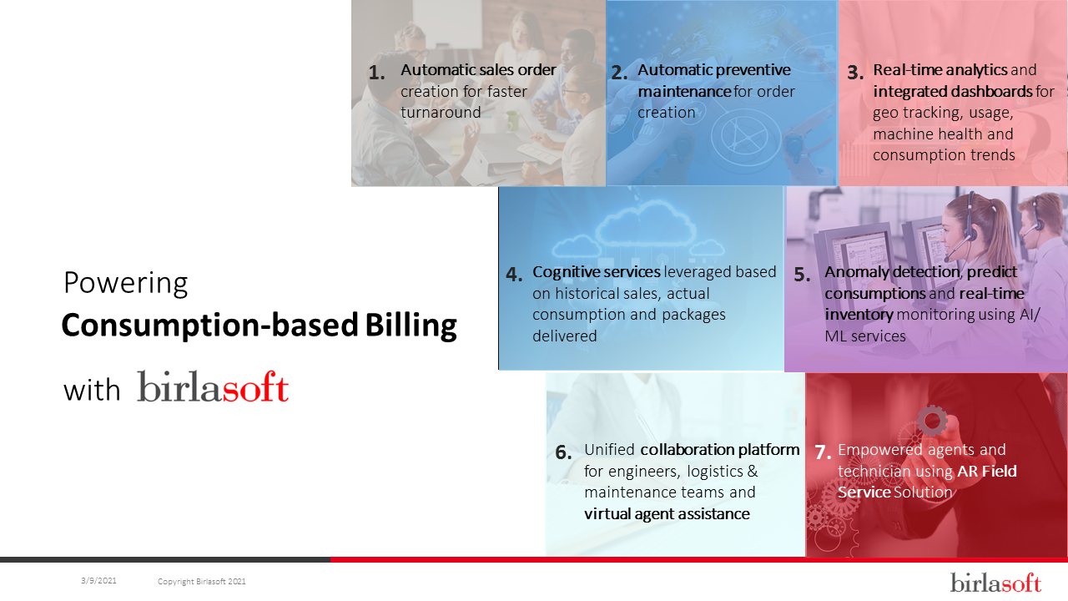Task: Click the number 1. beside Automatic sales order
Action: pos(376,73)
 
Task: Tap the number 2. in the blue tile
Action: pos(619,73)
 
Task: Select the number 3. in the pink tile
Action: pos(855,73)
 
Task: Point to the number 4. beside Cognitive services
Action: pos(515,275)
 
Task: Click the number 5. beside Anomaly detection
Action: pos(803,275)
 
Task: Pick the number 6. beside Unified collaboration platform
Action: pos(563,452)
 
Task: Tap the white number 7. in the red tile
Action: pos(823,452)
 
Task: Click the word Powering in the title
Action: pos(126,284)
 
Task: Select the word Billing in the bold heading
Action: pos(411,326)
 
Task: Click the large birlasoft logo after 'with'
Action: pos(213,386)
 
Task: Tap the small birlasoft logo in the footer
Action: pos(995,582)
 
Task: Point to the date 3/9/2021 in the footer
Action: pos(98,580)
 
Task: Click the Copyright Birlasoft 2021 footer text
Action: pos(202,582)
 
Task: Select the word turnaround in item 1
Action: pos(441,113)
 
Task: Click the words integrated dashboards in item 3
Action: pos(953,92)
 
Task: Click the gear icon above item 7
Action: pos(932,421)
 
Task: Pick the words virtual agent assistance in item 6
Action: pos(667,514)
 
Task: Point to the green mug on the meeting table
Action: pos(511,121)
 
